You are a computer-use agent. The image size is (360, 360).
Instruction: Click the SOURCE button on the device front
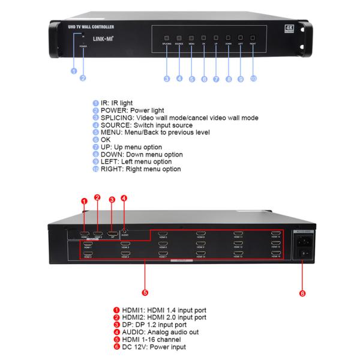[179, 38]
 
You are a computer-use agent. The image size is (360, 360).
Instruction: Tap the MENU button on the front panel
[191, 38]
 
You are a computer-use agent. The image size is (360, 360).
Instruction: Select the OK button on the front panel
[203, 38]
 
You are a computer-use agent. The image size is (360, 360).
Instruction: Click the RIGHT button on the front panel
[253, 38]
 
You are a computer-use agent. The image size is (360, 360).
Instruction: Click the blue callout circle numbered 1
[73, 70]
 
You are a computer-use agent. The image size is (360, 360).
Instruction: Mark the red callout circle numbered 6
[302, 293]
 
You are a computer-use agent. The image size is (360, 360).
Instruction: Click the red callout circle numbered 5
[143, 293]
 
